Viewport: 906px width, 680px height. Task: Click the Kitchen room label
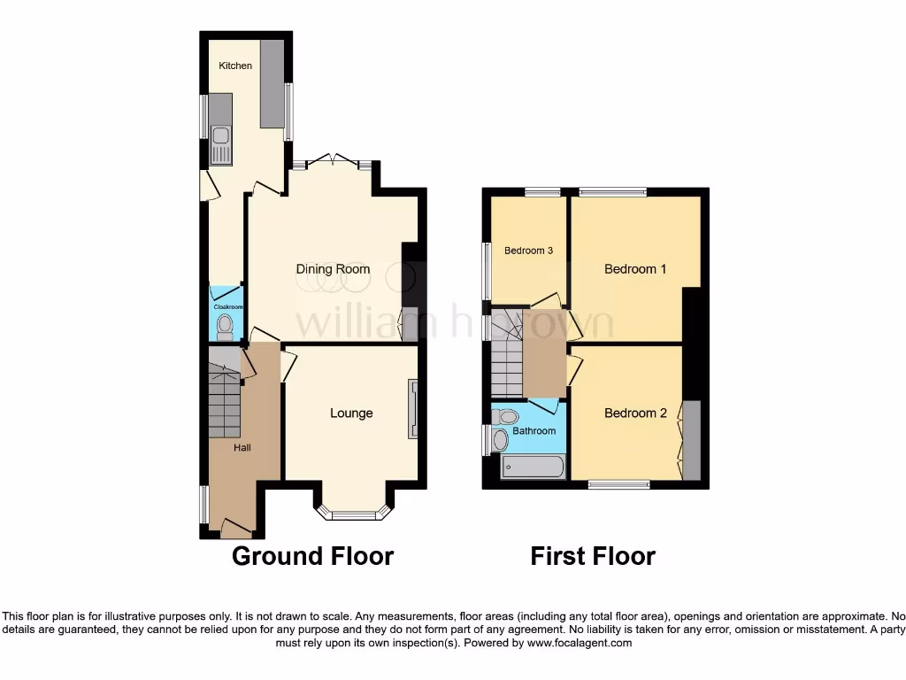click(x=235, y=66)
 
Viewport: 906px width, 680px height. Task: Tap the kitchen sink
click(x=220, y=145)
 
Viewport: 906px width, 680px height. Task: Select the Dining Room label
click(x=333, y=269)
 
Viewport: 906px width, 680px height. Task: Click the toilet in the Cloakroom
click(x=226, y=325)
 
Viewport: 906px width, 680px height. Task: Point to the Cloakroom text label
click(x=226, y=306)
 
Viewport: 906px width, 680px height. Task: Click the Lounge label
click(x=351, y=413)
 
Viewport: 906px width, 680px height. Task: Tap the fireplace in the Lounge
click(x=412, y=408)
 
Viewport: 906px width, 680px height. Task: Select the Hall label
click(x=242, y=448)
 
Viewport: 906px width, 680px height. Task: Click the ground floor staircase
click(x=224, y=398)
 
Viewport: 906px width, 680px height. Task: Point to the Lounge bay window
click(x=352, y=513)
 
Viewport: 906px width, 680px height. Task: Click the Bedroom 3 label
click(x=528, y=251)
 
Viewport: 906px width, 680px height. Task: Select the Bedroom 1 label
click(x=635, y=269)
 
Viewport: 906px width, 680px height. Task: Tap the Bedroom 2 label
click(x=635, y=413)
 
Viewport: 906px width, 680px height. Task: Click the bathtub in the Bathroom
click(x=533, y=467)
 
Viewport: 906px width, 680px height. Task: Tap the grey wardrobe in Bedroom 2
click(x=691, y=440)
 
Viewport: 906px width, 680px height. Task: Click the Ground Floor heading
click(x=312, y=556)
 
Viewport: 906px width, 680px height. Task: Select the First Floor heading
click(x=593, y=556)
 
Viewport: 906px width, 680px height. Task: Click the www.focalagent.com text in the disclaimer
click(x=579, y=643)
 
